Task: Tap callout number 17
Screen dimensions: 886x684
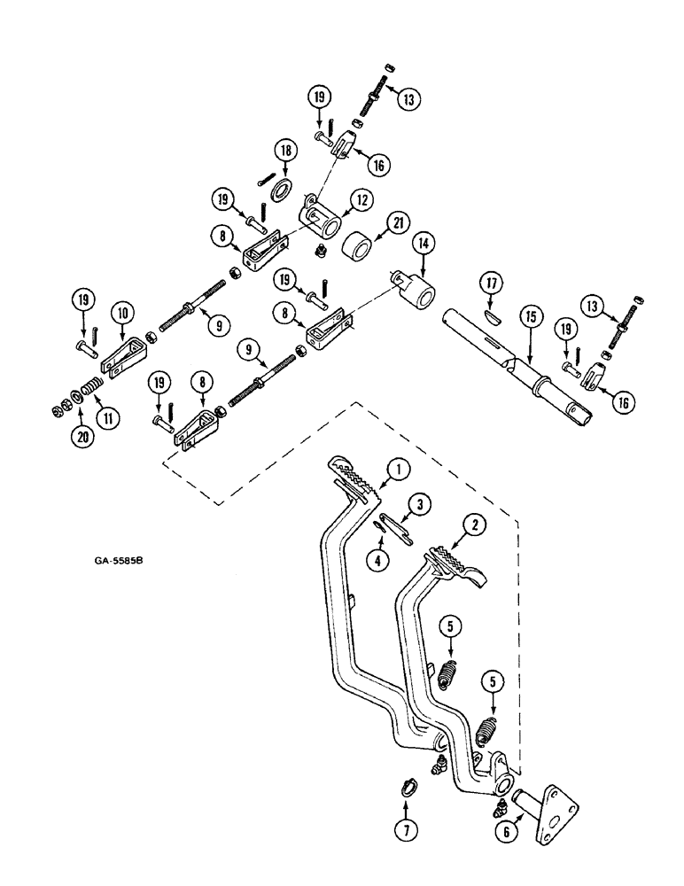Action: (x=493, y=284)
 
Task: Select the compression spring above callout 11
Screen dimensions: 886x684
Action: (x=92, y=386)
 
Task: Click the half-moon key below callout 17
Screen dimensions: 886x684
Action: (x=493, y=310)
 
